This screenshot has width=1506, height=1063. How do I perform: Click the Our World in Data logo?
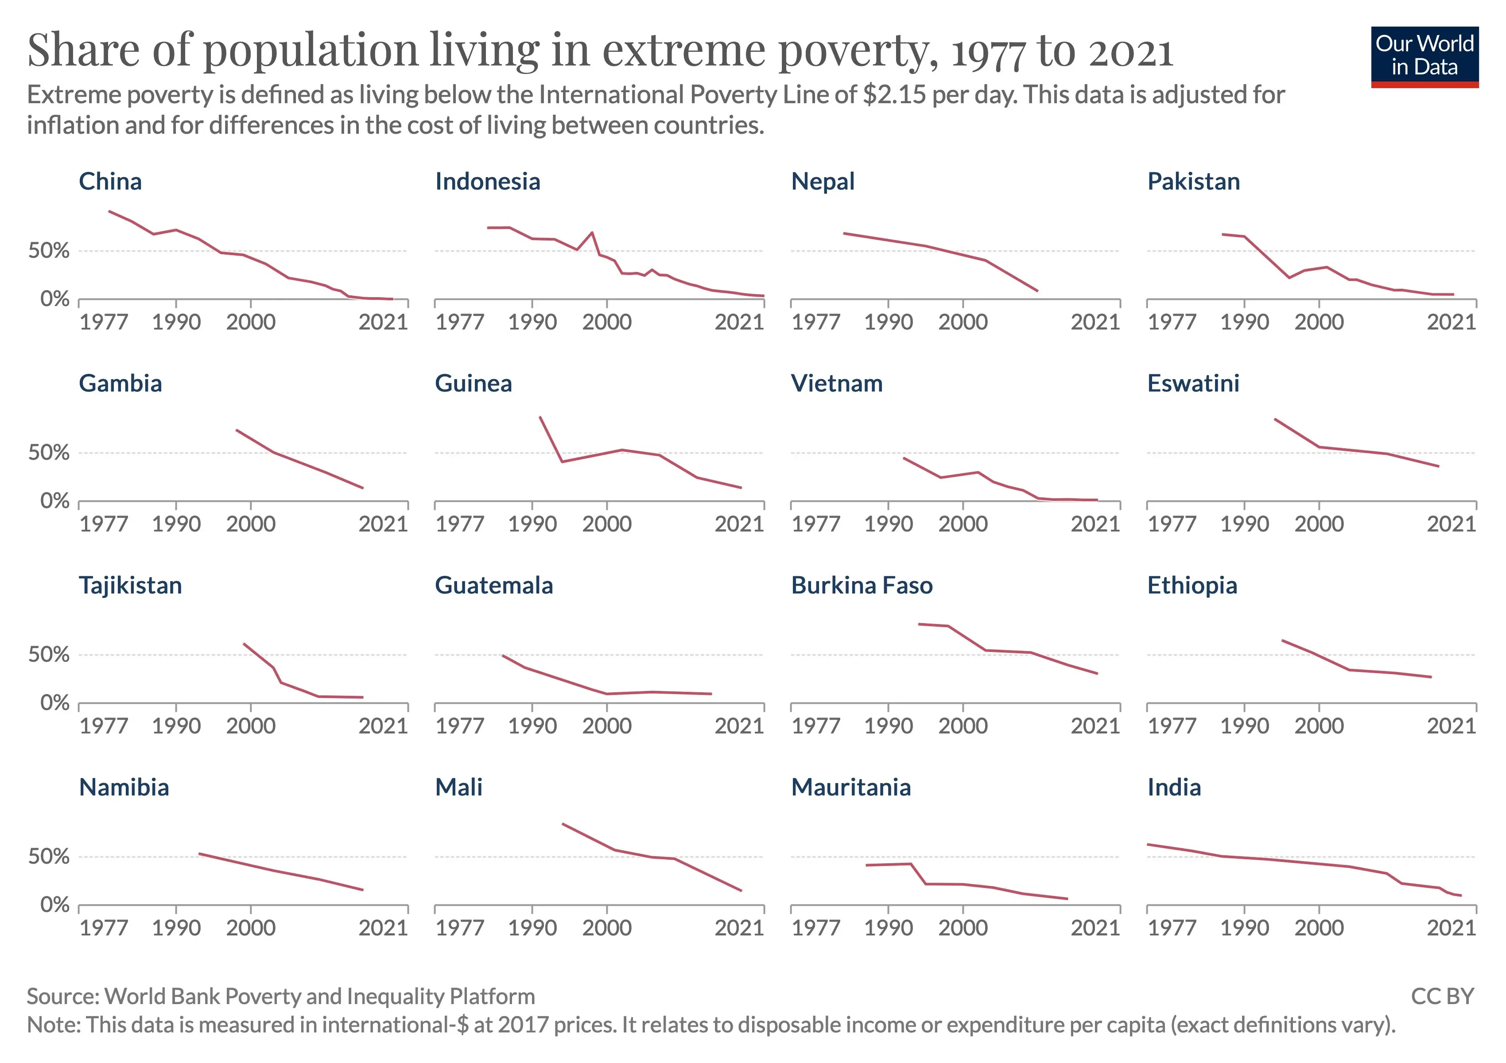(1424, 56)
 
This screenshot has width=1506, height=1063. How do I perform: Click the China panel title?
(110, 182)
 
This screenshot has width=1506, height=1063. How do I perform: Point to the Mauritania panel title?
(851, 788)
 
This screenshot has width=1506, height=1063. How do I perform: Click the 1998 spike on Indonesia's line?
(592, 233)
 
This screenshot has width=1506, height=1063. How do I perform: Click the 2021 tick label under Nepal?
(1095, 322)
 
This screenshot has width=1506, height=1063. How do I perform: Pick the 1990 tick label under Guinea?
(532, 524)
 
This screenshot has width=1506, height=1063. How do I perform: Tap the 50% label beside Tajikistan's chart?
(49, 655)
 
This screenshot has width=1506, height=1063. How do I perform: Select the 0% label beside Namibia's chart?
(54, 905)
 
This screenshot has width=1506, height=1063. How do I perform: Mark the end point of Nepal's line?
(1037, 291)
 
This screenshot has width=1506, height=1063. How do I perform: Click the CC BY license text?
(1442, 997)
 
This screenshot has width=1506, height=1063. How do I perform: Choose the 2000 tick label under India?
(1318, 928)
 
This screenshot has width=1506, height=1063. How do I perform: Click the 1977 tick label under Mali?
(460, 928)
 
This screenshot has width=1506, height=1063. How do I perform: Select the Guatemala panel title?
(494, 586)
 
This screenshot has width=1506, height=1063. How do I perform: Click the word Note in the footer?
(53, 1025)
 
